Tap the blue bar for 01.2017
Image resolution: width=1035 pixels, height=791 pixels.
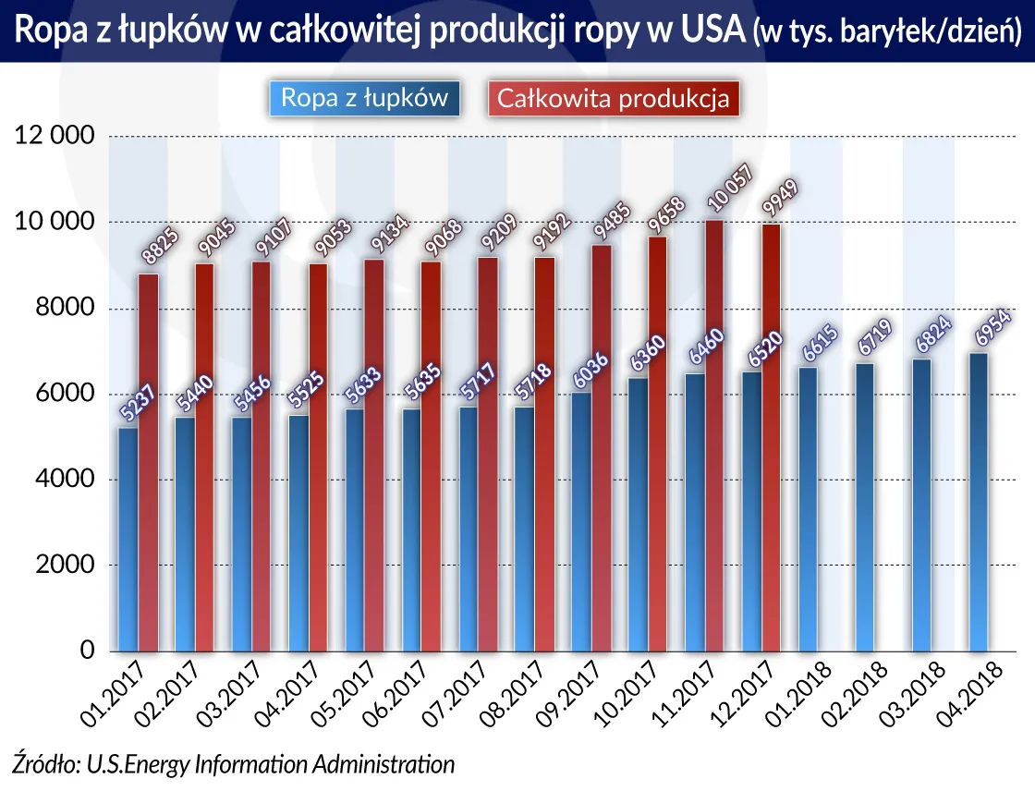pos(128,540)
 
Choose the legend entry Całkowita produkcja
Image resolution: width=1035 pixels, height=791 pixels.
pos(614,98)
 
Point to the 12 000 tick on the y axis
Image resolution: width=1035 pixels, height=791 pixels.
pos(55,136)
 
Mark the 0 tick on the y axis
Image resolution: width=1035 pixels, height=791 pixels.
pos(87,651)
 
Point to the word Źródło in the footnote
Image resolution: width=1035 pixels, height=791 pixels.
pos(43,764)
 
